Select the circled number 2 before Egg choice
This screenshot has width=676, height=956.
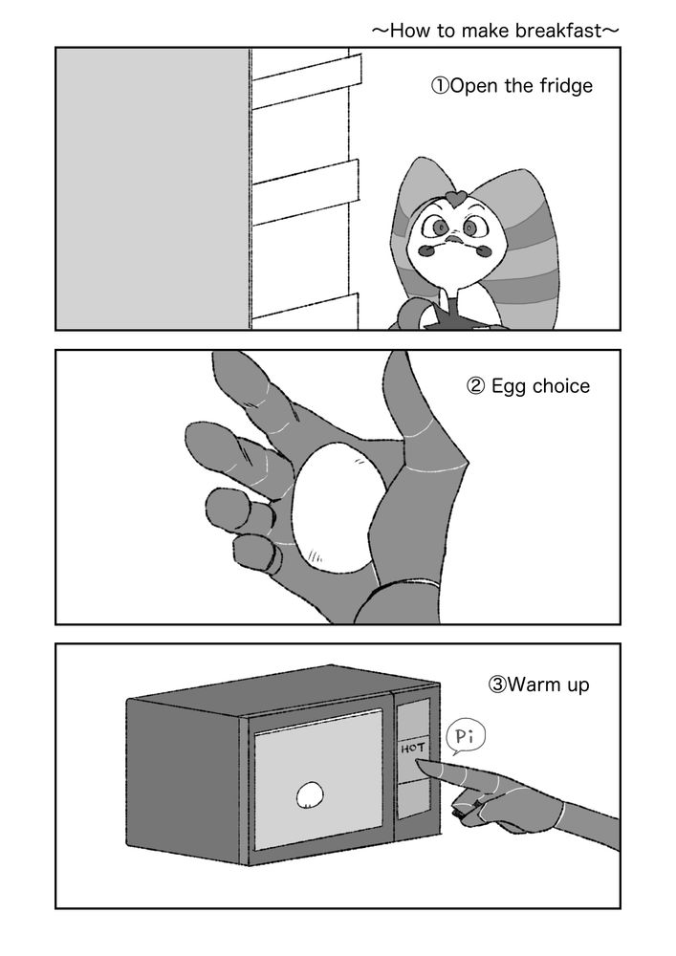[475, 386]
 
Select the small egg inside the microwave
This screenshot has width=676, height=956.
[310, 794]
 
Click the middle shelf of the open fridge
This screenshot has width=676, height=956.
[306, 191]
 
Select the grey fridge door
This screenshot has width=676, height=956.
[153, 188]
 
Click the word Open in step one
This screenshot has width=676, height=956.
[475, 86]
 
